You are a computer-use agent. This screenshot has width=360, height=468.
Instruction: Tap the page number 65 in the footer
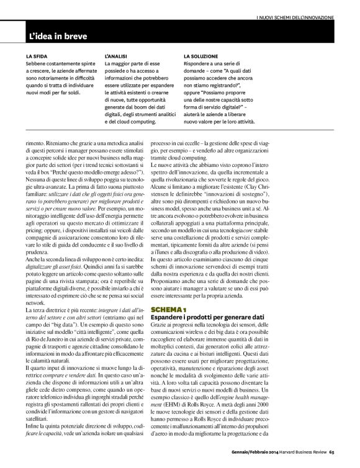[x=349, y=451]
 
